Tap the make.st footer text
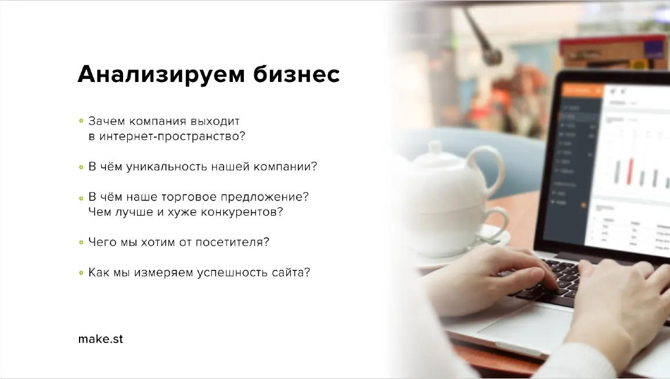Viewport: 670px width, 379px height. pyautogui.click(x=100, y=339)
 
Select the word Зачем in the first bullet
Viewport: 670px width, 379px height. pyautogui.click(x=106, y=121)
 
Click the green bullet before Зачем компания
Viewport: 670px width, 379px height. pyautogui.click(x=81, y=121)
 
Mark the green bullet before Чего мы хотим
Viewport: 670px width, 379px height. pyautogui.click(x=81, y=242)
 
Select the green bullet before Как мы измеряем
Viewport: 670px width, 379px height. pyautogui.click(x=81, y=272)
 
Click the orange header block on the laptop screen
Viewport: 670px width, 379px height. pyautogui.click(x=583, y=90)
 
